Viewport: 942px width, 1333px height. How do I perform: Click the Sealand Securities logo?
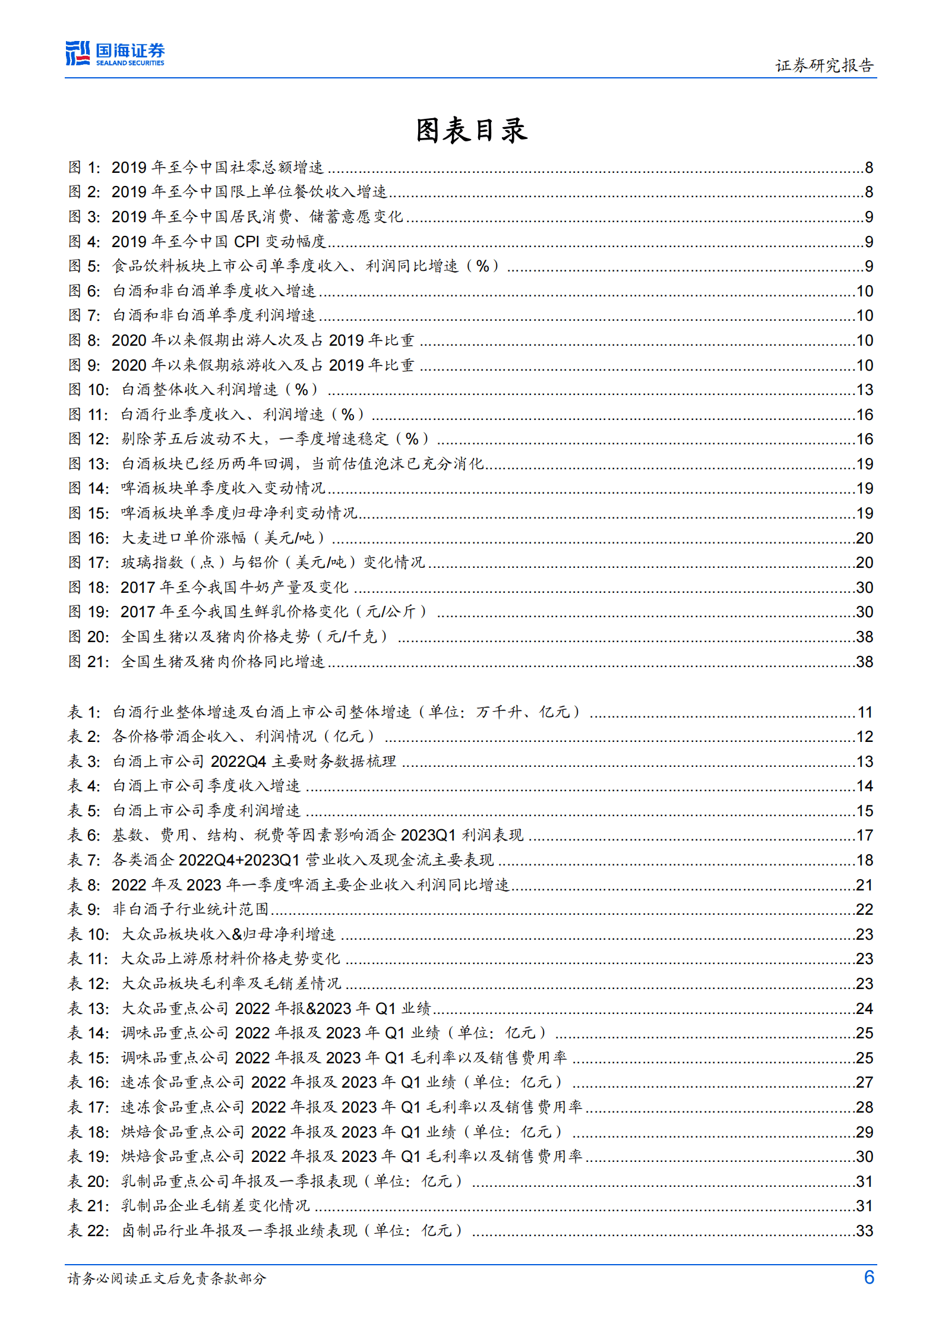tap(115, 53)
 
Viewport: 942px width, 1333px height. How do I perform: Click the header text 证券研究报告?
tap(824, 65)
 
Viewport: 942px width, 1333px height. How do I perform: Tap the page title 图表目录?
tap(471, 130)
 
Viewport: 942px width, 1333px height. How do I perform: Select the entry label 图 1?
tap(84, 168)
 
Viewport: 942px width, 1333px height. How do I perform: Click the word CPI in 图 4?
tap(246, 242)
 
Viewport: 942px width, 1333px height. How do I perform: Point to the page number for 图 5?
tap(868, 266)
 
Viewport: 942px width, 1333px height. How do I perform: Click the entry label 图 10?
tap(88, 390)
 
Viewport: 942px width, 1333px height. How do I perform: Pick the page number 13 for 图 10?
tap(864, 390)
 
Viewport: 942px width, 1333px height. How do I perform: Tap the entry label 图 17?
tap(88, 563)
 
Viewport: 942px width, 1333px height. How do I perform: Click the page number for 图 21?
tap(864, 662)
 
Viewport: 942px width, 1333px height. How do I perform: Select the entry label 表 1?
tap(84, 712)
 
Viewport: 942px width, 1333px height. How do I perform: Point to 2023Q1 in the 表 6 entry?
tap(428, 835)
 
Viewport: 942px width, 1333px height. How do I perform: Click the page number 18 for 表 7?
tap(864, 860)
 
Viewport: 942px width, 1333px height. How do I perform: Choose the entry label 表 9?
tap(84, 909)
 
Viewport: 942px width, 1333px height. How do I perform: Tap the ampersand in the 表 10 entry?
tap(237, 934)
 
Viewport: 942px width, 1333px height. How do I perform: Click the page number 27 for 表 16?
tap(864, 1082)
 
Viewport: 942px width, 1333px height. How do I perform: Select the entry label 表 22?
tap(88, 1230)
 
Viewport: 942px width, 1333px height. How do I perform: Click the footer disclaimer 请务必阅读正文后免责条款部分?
tap(167, 1278)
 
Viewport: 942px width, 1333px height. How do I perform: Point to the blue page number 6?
tap(869, 1277)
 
